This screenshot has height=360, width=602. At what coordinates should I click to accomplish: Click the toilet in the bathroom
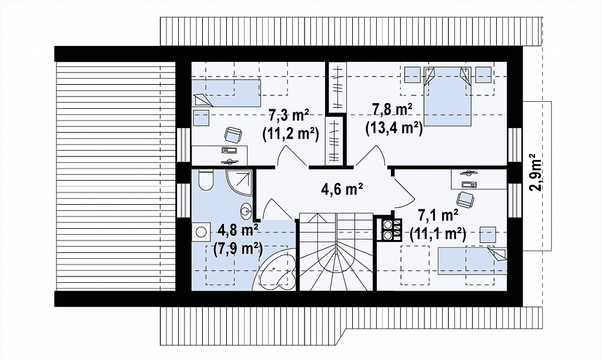(x=206, y=180)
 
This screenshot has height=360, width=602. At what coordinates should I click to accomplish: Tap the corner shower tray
(x=239, y=183)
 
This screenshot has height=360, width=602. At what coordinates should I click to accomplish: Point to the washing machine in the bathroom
(x=200, y=232)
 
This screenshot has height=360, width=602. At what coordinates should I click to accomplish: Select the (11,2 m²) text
(x=290, y=134)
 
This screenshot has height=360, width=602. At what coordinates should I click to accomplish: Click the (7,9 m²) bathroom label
(x=238, y=249)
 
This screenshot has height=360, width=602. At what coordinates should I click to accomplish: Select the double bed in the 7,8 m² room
(x=447, y=96)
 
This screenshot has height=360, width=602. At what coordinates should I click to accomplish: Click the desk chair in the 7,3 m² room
(x=233, y=135)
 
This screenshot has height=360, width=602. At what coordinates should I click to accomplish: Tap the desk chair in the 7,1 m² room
(x=465, y=199)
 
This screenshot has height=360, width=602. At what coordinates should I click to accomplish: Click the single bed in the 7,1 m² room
(x=472, y=261)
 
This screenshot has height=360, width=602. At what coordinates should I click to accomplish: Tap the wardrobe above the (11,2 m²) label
(x=337, y=87)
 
